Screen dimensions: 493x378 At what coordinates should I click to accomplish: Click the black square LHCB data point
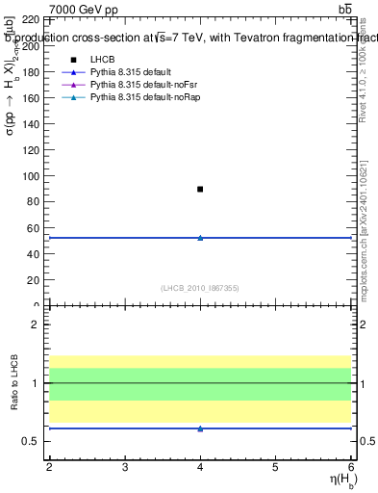[200, 189]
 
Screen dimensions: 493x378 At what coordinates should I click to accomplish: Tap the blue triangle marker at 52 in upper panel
[200, 237]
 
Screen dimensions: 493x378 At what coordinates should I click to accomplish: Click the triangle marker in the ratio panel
[200, 428]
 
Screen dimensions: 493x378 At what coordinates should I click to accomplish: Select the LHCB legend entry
[102, 59]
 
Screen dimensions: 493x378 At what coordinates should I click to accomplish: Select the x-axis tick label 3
[125, 467]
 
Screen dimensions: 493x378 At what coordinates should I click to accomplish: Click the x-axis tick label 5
[276, 467]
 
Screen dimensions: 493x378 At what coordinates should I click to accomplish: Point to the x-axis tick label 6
[351, 467]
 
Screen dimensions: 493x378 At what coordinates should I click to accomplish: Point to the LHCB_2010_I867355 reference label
[200, 288]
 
